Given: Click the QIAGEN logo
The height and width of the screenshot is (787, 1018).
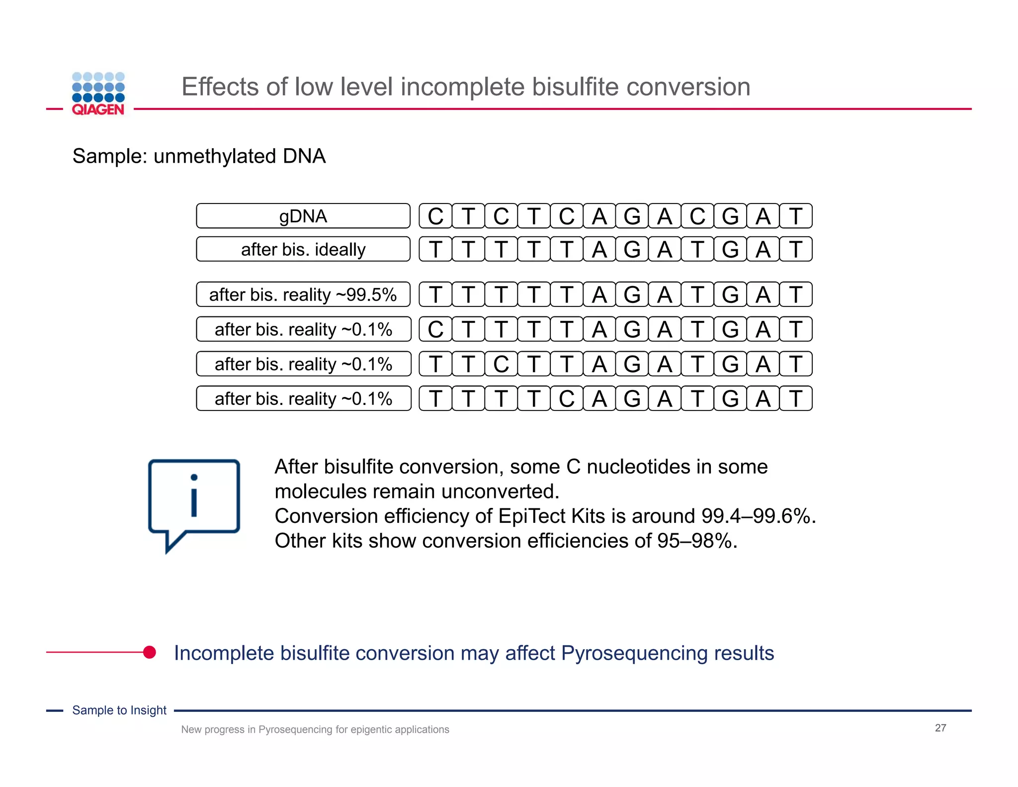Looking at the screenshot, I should (x=98, y=94).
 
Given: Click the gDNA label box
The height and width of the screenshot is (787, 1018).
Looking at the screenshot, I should (x=303, y=216).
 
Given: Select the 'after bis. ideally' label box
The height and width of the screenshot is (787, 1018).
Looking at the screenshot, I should (x=303, y=249).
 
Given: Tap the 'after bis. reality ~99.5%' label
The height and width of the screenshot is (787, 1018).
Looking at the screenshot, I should (x=303, y=295).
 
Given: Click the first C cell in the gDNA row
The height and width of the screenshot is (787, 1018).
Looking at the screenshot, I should (x=435, y=216).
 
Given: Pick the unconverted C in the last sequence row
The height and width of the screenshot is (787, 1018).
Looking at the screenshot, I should (x=566, y=398).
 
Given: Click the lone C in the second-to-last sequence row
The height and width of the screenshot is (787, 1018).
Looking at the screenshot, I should (x=501, y=364).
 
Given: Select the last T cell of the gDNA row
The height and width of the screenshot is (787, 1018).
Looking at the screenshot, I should (x=795, y=216).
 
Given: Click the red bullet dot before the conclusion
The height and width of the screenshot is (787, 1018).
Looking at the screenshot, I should (x=150, y=652).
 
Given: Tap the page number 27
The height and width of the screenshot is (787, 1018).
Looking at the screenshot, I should (x=940, y=728).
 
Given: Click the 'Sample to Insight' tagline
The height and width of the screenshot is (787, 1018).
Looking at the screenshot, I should (x=119, y=710).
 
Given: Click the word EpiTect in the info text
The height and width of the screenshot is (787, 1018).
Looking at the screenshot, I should (x=532, y=516).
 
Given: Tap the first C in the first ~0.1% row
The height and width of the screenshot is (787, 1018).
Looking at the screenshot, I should (x=435, y=329).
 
